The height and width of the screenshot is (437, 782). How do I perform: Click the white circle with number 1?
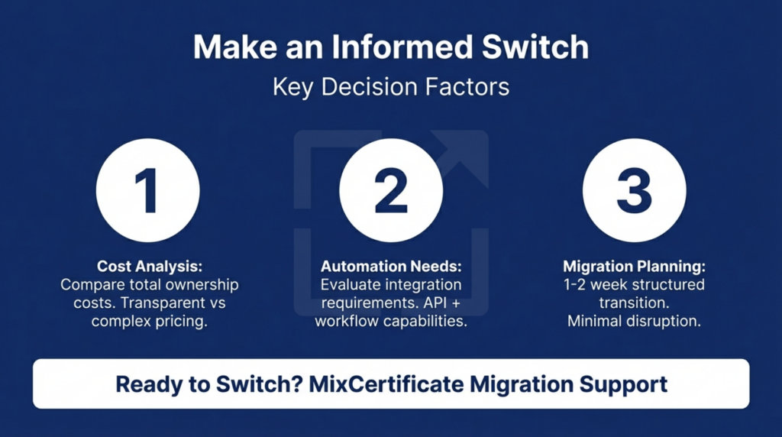[x=147, y=190]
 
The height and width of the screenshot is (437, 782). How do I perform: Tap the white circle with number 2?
[x=391, y=190]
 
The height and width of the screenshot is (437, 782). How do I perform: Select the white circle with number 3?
[x=634, y=190]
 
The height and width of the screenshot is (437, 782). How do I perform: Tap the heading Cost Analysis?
[x=150, y=267]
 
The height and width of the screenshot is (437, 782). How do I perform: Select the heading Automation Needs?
[x=391, y=267]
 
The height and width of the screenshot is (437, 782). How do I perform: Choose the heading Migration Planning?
[x=634, y=267]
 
